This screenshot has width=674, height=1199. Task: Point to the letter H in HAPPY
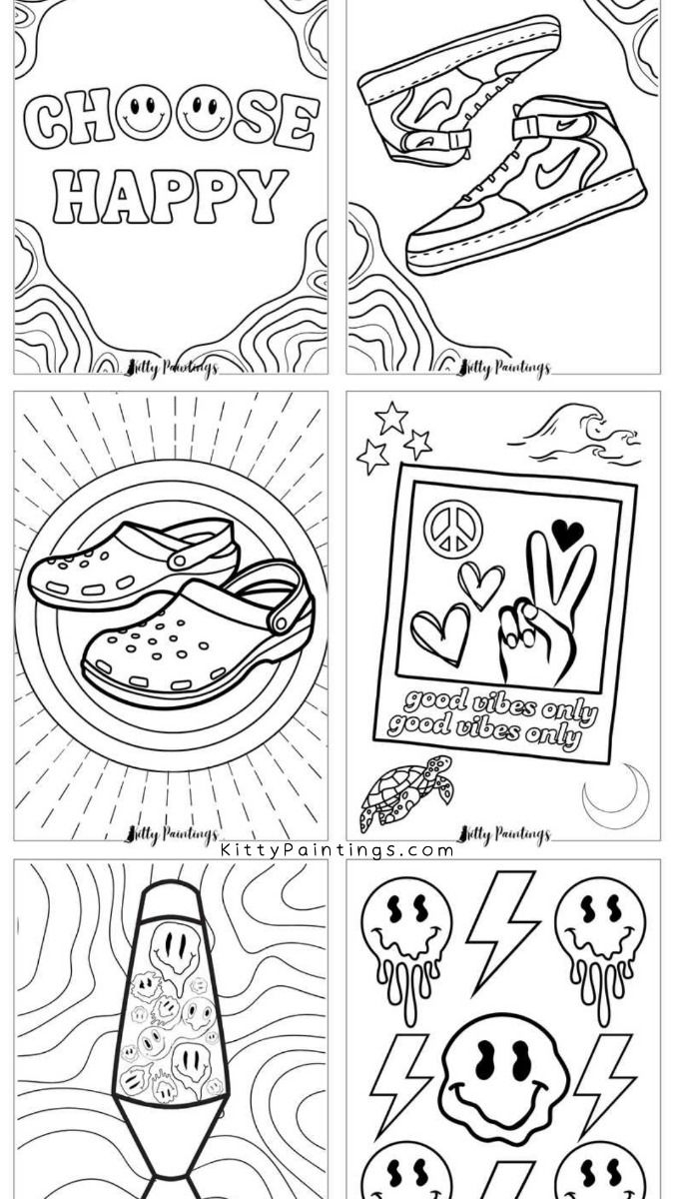coord(77,196)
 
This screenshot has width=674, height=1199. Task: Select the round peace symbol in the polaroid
coord(452,528)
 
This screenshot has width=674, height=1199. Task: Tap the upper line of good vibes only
coord(499,704)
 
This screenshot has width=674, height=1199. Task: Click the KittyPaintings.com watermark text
coord(337,850)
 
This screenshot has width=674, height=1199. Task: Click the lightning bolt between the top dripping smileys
coord(502,927)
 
